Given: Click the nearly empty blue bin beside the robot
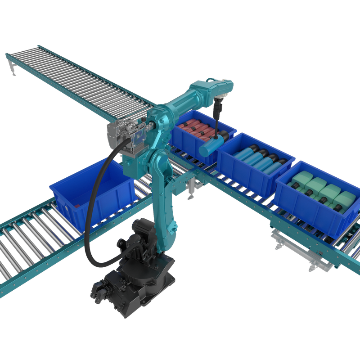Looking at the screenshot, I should (x=92, y=193).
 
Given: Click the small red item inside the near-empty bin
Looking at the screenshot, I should (x=79, y=205).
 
